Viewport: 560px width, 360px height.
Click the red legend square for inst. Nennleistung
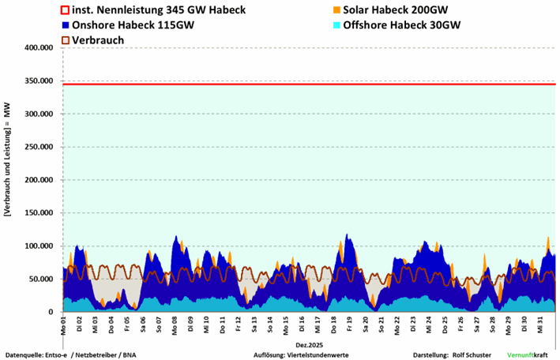pos(66,10)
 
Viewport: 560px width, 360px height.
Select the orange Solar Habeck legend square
pos(336,10)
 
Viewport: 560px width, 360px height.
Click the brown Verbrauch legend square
pos(66,39)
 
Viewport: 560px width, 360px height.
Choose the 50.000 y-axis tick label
pos(40,279)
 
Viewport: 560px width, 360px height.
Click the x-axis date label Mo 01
pos(63,323)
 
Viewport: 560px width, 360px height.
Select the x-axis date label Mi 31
pos(539,323)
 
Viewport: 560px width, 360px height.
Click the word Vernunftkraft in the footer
pos(529,355)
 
